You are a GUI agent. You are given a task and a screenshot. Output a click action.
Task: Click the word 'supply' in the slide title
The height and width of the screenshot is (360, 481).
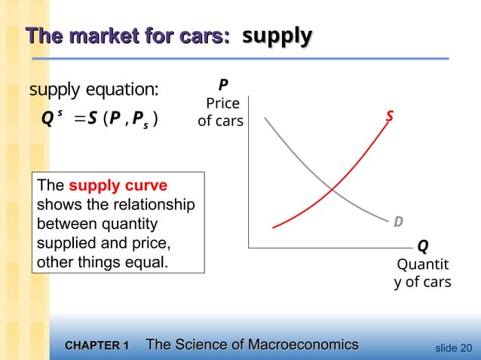(x=277, y=35)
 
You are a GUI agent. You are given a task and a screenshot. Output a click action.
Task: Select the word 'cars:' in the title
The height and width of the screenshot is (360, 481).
(x=204, y=35)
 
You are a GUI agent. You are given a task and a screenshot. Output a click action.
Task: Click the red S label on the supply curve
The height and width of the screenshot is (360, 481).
(x=390, y=118)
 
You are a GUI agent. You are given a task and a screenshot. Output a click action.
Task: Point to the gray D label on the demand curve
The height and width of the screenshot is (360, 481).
(x=397, y=221)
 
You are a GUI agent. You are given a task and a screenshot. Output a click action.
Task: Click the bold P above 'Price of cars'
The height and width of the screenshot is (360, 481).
(x=223, y=85)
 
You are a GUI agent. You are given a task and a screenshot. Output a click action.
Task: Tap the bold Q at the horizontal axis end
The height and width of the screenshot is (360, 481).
(x=422, y=246)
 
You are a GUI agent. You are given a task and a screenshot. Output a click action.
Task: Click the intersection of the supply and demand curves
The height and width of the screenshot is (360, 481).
(x=332, y=188)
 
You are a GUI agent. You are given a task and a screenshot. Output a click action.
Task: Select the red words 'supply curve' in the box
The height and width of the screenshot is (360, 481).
(x=118, y=185)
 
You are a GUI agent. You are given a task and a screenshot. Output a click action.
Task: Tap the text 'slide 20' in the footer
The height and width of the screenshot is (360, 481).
(x=455, y=347)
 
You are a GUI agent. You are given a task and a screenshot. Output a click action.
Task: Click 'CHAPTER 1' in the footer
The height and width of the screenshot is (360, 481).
(x=97, y=346)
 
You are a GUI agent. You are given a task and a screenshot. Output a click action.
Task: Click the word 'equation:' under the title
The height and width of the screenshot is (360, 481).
(x=124, y=90)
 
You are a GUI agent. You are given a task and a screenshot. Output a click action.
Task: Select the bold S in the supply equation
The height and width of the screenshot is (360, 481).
(x=91, y=119)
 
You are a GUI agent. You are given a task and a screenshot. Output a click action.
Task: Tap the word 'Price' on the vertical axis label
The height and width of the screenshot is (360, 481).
(x=222, y=103)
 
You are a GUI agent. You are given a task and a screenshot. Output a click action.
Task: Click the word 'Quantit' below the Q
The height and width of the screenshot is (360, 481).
(x=422, y=264)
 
